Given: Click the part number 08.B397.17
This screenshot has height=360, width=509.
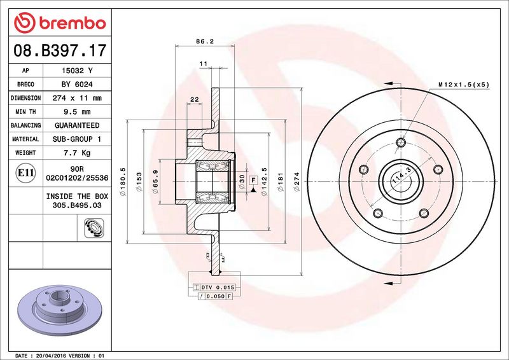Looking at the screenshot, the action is click(60, 50).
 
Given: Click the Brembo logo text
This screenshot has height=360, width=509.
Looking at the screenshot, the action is click(73, 23).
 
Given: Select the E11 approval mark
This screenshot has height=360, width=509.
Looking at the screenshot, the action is click(25, 172).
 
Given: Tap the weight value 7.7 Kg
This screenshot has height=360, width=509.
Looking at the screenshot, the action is click(77, 153).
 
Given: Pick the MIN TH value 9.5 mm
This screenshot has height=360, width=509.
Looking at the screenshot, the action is click(77, 112).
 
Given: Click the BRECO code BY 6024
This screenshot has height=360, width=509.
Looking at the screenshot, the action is click(77, 85).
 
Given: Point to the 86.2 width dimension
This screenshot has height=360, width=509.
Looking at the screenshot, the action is click(205, 41).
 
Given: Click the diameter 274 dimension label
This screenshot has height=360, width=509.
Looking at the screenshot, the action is click(296, 182).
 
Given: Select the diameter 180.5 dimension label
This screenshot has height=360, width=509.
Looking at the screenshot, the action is click(123, 181).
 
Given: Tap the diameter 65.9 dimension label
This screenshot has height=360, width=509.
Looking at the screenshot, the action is click(155, 181).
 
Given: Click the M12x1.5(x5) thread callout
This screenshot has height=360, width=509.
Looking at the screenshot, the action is click(464, 85).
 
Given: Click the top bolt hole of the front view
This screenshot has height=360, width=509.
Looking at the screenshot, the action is click(401, 142).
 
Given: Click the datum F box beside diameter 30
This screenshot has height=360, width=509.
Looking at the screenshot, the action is click(253, 180).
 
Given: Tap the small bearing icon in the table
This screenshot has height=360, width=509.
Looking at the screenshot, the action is click(94, 228).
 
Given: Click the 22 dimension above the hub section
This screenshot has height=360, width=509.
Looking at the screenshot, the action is click(195, 99).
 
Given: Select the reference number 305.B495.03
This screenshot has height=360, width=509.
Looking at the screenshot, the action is click(77, 205).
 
